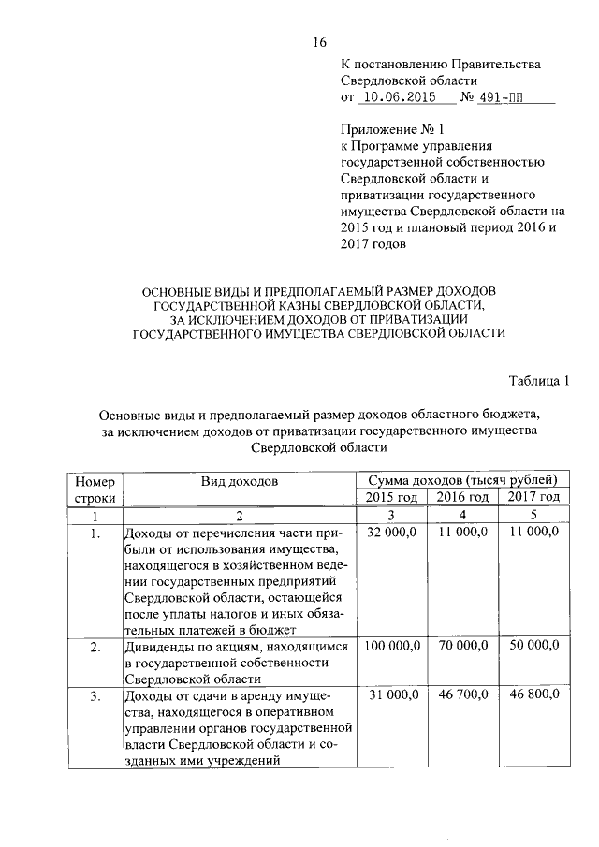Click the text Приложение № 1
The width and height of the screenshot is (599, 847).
point(387,130)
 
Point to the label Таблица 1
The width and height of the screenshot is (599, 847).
point(539,379)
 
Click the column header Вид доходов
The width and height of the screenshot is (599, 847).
point(240,481)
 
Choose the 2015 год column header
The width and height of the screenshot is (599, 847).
point(391,497)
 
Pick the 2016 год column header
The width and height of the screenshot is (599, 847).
point(462,497)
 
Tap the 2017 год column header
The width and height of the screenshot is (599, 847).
point(533,497)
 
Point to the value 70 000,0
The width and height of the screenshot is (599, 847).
point(461,646)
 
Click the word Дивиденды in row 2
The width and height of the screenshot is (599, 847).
point(156,647)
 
